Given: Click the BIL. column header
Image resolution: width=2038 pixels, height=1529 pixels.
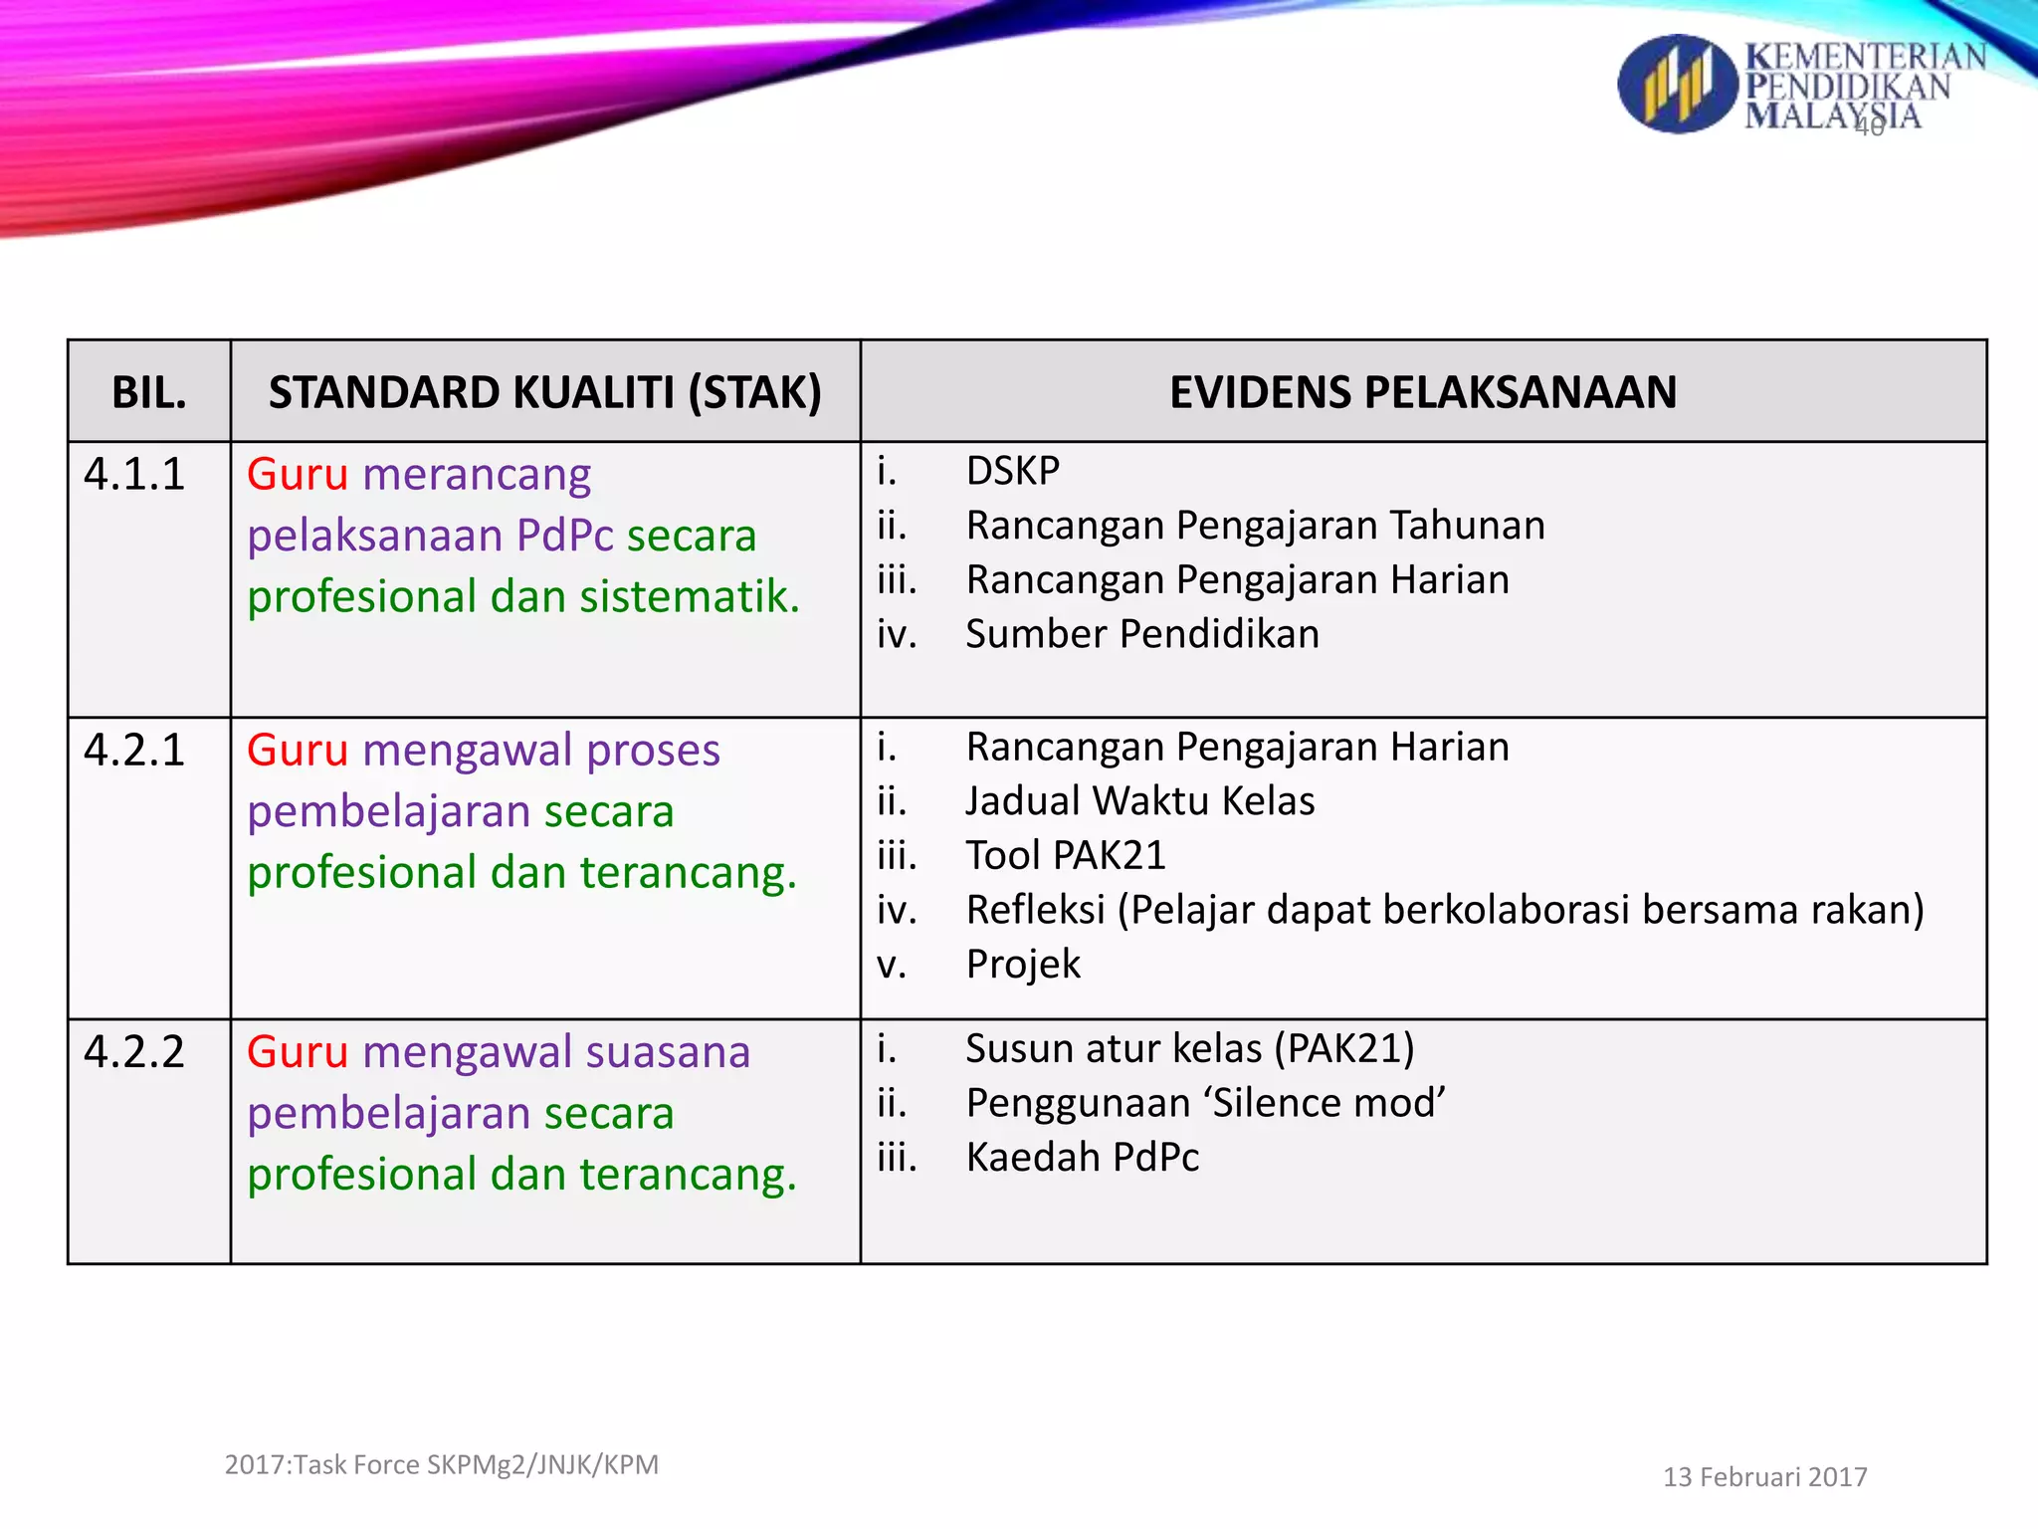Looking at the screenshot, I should click(x=149, y=392).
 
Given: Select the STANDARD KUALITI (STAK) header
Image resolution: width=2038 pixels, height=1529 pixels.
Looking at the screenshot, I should click(x=545, y=392).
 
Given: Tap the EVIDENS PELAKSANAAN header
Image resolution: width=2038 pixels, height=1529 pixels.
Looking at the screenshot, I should click(x=1423, y=392).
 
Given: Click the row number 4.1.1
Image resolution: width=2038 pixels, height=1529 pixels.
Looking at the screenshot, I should click(x=134, y=475).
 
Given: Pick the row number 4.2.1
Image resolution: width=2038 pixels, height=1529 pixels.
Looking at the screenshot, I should click(x=134, y=751).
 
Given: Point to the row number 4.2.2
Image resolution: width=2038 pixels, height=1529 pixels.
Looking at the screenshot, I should click(x=134, y=1052).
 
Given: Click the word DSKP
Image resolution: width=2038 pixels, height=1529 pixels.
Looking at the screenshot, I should click(x=1013, y=471).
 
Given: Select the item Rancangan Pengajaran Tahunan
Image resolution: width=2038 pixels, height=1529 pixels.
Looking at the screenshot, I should click(x=1255, y=526).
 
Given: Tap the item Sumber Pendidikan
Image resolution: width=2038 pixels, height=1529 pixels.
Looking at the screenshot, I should click(x=1142, y=634).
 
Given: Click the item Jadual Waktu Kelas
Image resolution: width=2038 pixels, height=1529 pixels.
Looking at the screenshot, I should click(x=1140, y=801).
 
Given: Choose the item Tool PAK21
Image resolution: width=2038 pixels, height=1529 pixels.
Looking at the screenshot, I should click(x=1066, y=856).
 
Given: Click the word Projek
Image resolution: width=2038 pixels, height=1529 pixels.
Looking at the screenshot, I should click(x=1023, y=965).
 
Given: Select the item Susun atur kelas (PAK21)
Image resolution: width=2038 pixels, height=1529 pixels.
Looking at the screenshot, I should click(x=1190, y=1049).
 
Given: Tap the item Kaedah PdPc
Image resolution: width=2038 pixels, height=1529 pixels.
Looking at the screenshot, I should click(x=1083, y=1158).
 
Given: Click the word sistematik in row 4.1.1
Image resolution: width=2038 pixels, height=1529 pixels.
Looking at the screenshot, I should click(x=690, y=597).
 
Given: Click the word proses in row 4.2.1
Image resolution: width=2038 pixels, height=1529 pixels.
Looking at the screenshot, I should click(x=653, y=751).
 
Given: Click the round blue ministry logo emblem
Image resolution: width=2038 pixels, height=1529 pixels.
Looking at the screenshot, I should click(x=1678, y=85).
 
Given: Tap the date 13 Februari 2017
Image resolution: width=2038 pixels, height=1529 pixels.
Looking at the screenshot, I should click(x=1764, y=1477).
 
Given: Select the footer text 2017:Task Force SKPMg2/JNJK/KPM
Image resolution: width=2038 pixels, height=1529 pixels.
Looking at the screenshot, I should click(x=442, y=1465).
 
